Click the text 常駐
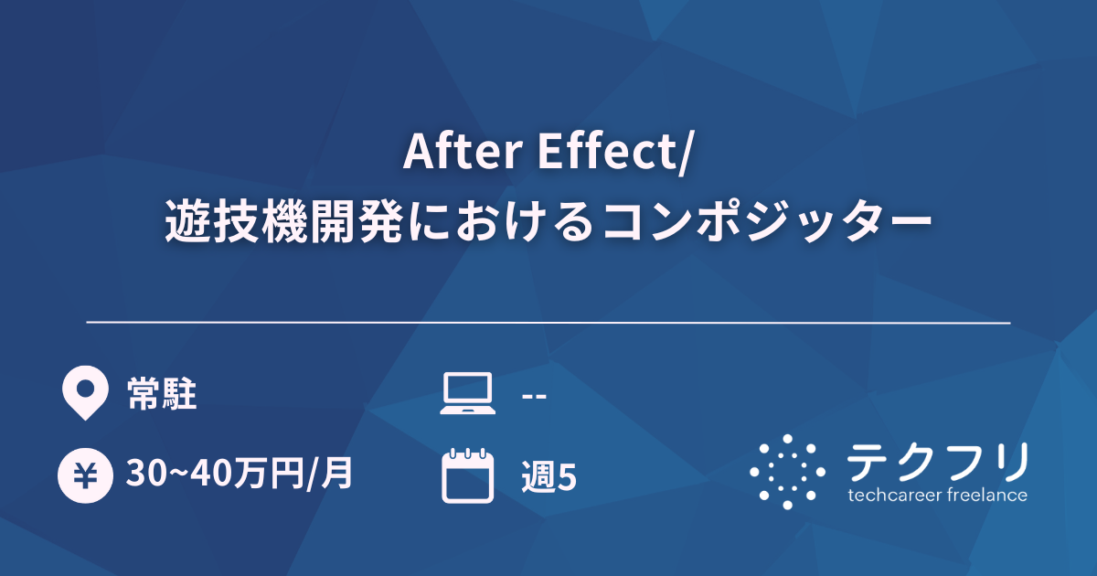(162, 395)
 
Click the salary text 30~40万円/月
(240, 475)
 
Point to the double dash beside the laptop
(533, 396)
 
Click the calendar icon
(467, 475)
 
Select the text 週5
(548, 476)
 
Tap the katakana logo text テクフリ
(936, 462)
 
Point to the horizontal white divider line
(548, 323)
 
